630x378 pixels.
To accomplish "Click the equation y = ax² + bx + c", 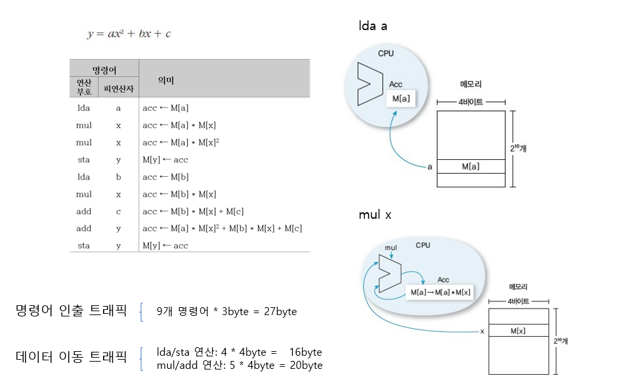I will coord(129,33).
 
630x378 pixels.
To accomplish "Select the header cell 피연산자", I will coord(118,88).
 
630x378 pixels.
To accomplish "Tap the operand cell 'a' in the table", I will coord(118,108).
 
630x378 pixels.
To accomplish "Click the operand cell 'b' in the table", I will coord(118,177).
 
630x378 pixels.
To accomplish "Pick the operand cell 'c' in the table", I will coord(118,212).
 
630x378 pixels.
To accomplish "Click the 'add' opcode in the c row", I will coord(83,212).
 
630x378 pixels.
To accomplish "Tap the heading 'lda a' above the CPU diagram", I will coord(373,26).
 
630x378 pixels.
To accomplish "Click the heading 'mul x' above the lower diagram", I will coord(375,215).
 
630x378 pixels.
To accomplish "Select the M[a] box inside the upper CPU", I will coord(401,98).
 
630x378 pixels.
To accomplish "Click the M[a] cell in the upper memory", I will coord(471,166).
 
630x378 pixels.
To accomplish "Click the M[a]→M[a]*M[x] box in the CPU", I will coord(439,292).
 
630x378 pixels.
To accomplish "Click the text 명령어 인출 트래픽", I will coord(70,311).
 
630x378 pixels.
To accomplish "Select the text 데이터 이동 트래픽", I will coord(70,357).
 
